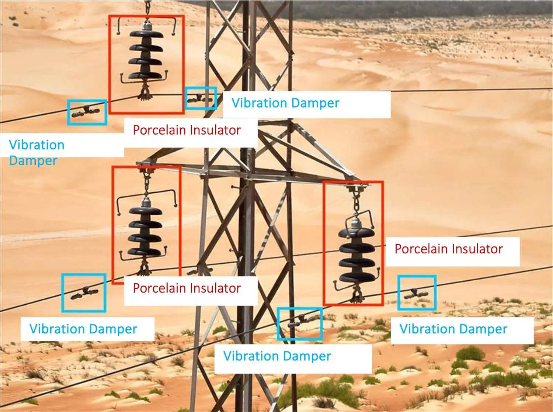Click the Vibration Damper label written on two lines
click(x=36, y=152)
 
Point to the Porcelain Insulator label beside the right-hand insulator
click(x=448, y=249)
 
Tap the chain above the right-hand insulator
click(x=357, y=203)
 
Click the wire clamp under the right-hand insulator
click(x=356, y=295)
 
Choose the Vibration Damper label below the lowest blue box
click(x=277, y=356)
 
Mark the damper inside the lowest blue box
click(x=299, y=321)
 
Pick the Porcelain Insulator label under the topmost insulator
click(x=187, y=130)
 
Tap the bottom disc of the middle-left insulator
click(x=145, y=252)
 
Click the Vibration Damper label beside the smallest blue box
click(x=285, y=103)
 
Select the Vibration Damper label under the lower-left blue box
click(x=83, y=329)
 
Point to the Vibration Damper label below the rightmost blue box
click(x=453, y=329)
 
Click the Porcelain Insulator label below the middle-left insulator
click(x=187, y=288)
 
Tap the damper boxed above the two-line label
click(x=86, y=111)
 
